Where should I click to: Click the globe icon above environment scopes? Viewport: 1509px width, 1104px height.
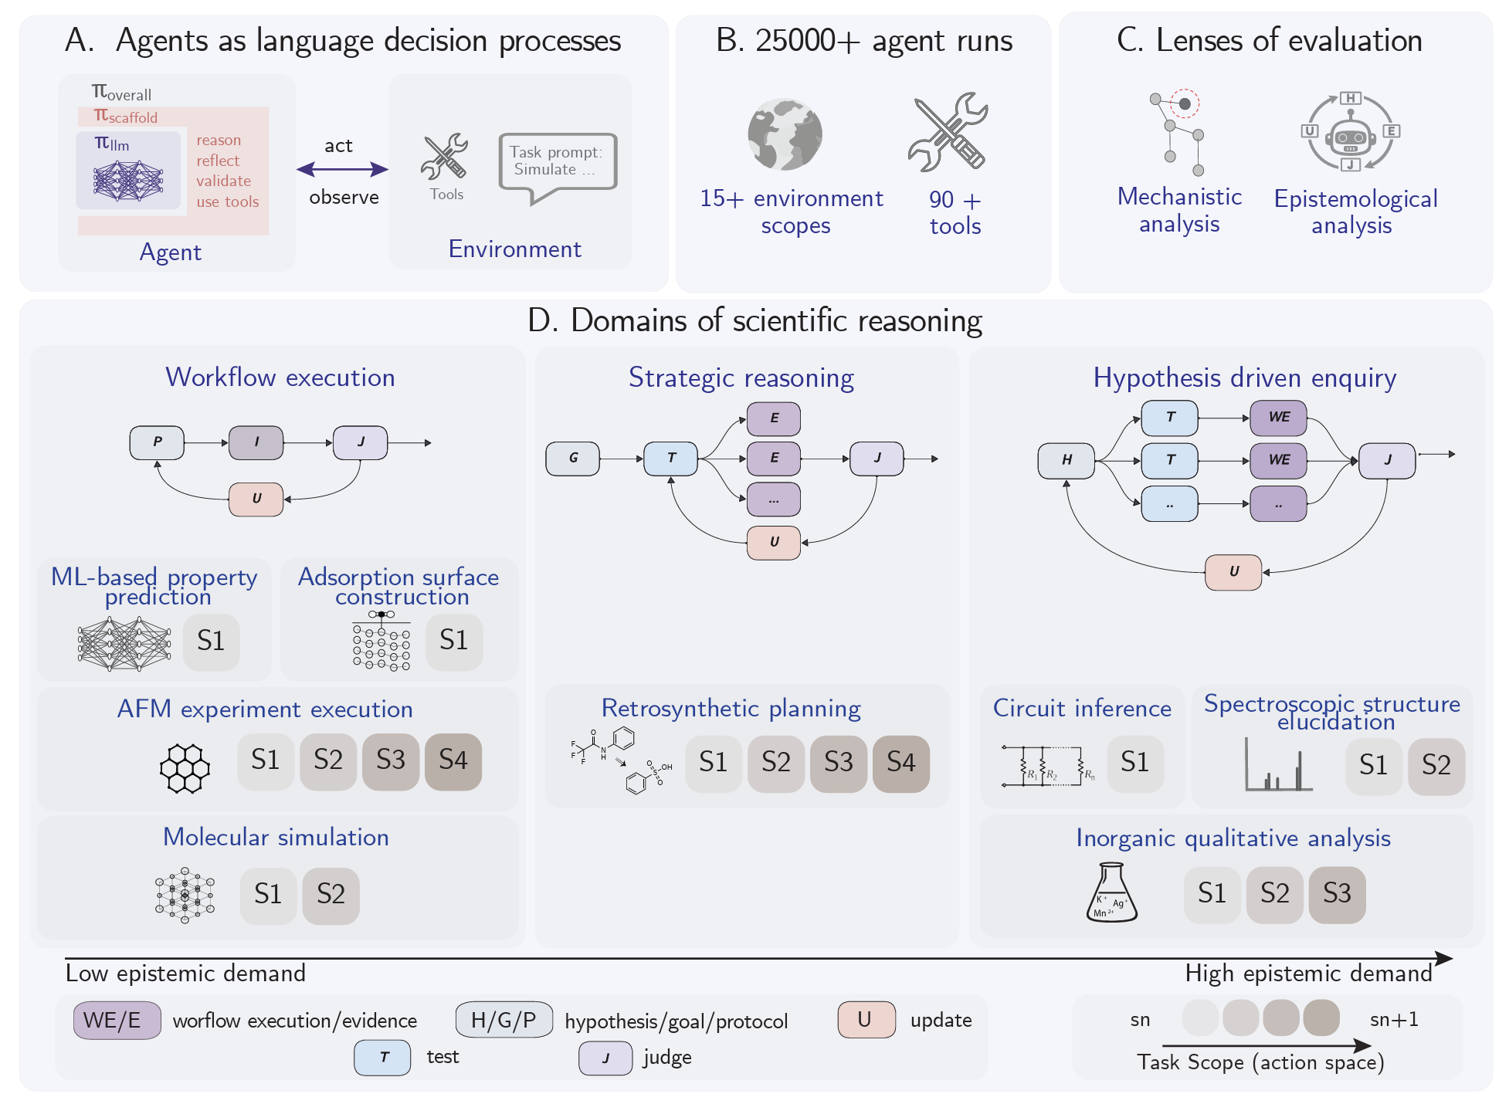pos(785,134)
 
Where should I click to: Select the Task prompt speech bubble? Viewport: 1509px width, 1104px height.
pos(558,164)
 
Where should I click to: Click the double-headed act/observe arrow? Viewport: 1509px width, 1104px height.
pos(342,170)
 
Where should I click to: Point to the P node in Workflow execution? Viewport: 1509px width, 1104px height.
pos(157,442)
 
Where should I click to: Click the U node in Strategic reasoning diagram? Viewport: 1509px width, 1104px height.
pos(773,542)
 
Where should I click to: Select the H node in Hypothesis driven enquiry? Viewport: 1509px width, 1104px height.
pos(1066,460)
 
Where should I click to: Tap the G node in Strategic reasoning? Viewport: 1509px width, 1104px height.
pos(572,459)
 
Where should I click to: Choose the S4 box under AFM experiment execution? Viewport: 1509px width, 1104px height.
pos(453,761)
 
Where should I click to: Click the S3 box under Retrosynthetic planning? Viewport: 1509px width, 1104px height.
pos(838,764)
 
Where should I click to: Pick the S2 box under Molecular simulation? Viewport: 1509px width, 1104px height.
pos(331,896)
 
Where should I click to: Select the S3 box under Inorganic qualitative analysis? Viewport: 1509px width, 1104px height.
pos(1337,894)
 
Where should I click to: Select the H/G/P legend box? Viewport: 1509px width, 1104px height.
pos(504,1021)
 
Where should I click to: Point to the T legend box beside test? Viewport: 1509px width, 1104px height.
pos(382,1058)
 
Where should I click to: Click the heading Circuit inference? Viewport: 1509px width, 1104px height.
pos(1081,708)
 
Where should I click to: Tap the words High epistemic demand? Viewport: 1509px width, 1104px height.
pos(1308,974)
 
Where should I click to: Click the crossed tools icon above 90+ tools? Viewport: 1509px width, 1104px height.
pos(948,133)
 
